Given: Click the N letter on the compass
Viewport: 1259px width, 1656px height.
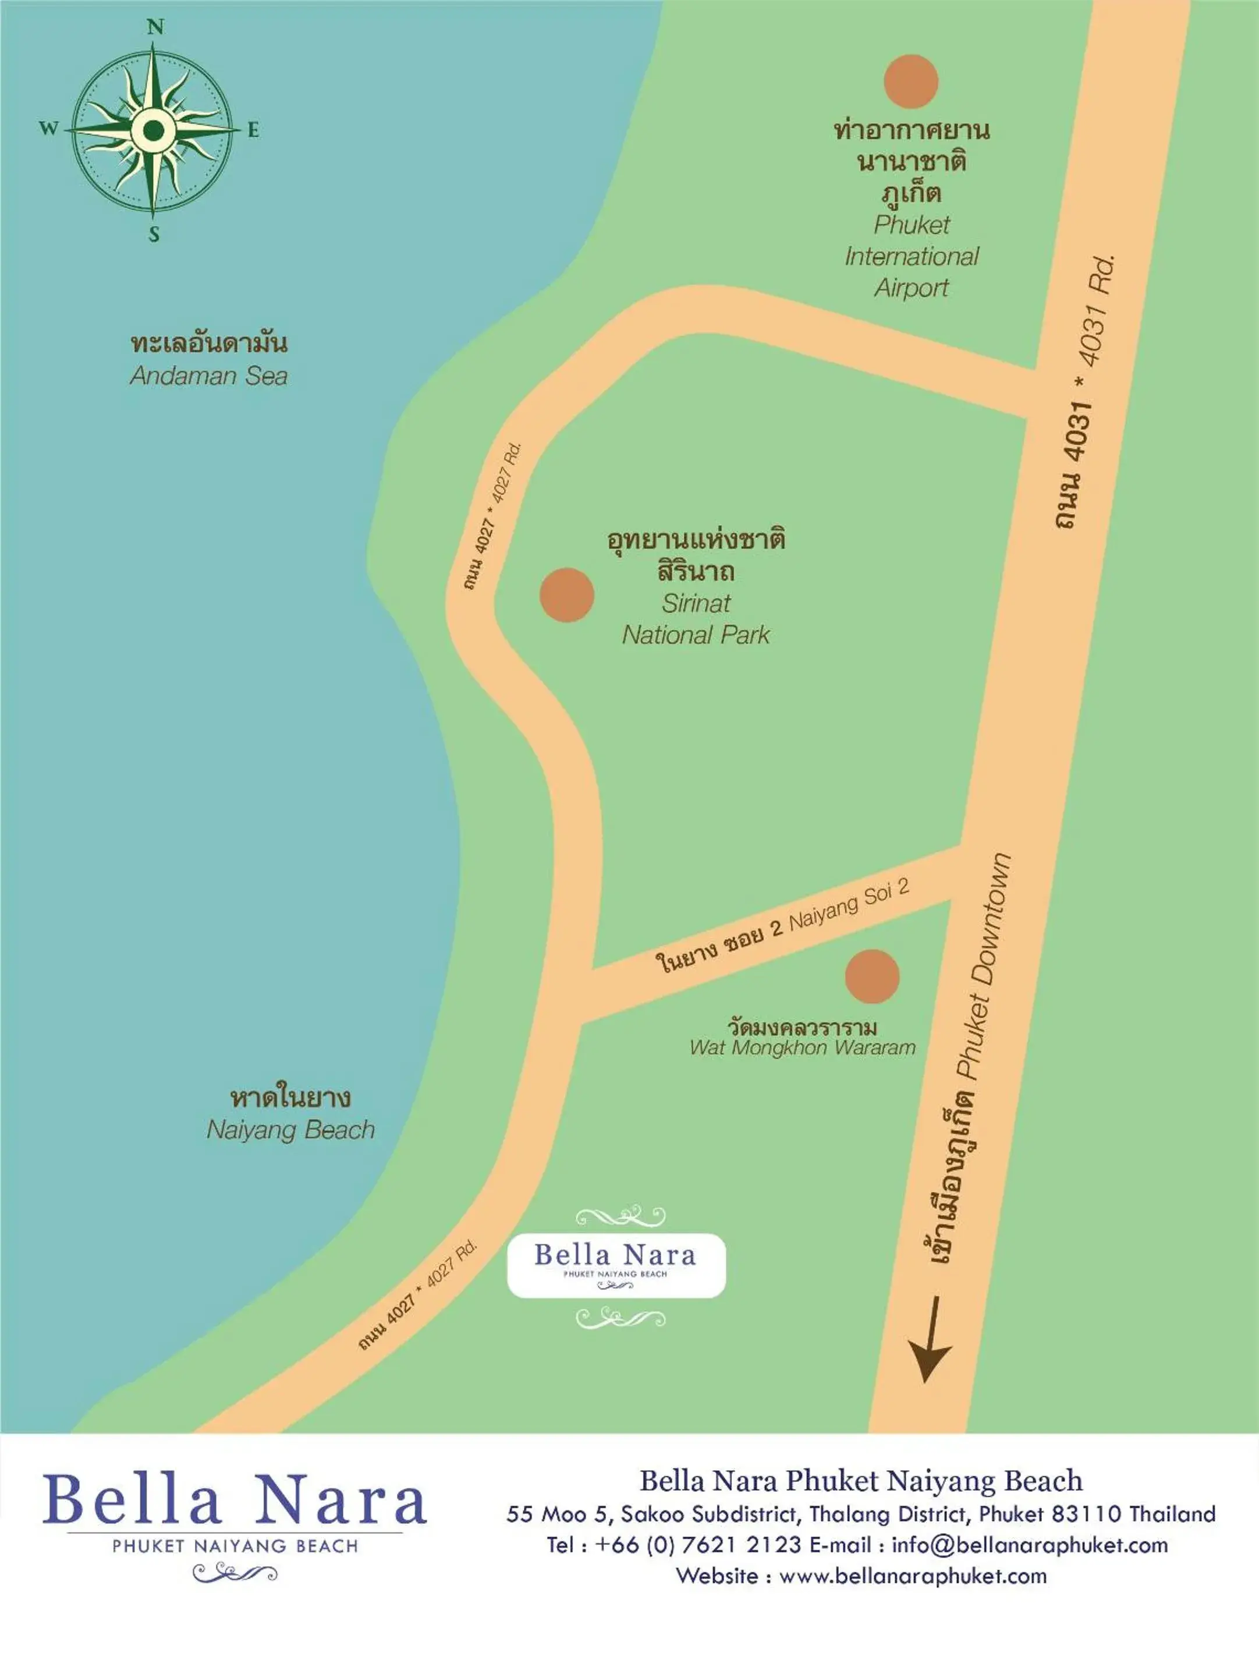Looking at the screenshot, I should (154, 28).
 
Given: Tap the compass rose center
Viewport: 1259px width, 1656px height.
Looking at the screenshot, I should (154, 130).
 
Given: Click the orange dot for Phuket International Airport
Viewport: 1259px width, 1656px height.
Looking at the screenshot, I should (910, 82).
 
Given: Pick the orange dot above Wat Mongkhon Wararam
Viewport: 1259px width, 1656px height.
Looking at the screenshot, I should (871, 976).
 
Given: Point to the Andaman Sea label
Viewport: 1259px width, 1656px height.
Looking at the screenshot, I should (208, 376).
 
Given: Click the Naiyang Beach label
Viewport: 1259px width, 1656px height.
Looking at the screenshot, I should (290, 1130).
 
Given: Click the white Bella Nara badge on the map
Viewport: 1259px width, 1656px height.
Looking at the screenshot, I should (616, 1265).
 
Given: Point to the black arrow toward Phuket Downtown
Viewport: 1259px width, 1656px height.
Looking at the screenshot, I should (930, 1340).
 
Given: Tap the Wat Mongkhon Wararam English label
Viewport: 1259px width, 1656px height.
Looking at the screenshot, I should (802, 1048).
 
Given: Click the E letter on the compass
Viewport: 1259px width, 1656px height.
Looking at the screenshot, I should (253, 130).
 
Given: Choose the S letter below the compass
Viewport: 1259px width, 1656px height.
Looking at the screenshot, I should (154, 235).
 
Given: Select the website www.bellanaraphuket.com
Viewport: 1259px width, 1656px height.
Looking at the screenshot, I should (913, 1576).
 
